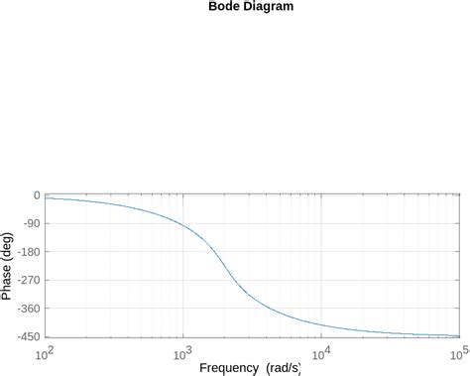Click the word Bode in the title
[x=224, y=7]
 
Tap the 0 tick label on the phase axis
[x=36, y=195]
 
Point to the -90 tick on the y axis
[x=30, y=224]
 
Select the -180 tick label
[x=27, y=252]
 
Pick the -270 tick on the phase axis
[x=27, y=281]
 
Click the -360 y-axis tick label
[x=27, y=310]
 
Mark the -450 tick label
[x=27, y=337]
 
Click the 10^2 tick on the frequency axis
[x=45, y=353]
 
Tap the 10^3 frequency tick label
[x=182, y=353]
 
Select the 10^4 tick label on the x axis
[x=321, y=353]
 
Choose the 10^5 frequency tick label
[x=458, y=353]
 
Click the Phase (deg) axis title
[x=8, y=266]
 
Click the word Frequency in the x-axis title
[x=229, y=368]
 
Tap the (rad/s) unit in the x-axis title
[x=282, y=368]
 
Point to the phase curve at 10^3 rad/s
[x=183, y=226]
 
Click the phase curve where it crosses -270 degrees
[x=234, y=281]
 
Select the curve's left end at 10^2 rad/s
[x=46, y=198]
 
